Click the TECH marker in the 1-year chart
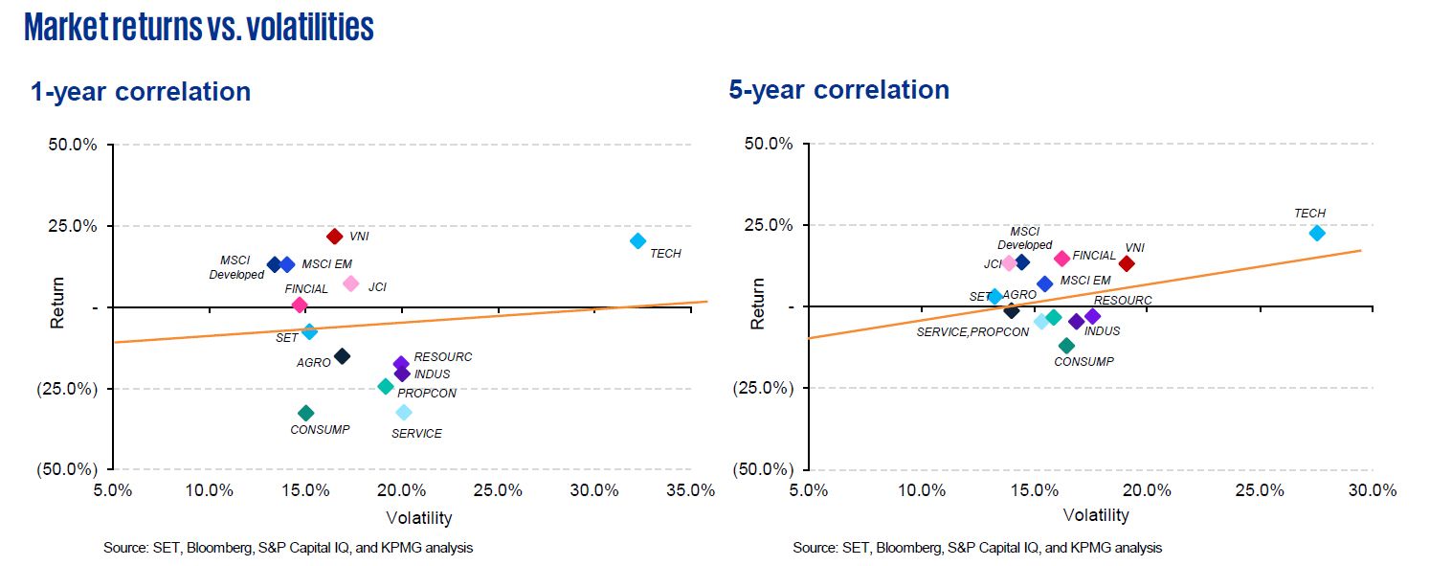pos(637,241)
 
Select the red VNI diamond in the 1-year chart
pos(334,237)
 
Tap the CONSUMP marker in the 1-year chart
pos(306,413)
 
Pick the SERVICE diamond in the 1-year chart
pos(404,412)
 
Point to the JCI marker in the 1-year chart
pos(350,283)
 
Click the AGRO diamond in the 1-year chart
pos(342,356)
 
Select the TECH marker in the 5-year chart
pos(1317,233)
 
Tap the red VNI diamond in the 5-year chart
pos(1127,263)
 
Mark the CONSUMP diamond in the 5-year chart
pos(1066,346)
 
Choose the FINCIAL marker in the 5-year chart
pos(1061,259)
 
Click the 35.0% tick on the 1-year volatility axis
pos(690,490)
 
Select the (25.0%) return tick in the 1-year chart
pos(69,389)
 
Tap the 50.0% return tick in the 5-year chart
pos(767,145)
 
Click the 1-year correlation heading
pos(141,92)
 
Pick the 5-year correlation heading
pos(839,89)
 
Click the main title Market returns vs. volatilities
pos(199,28)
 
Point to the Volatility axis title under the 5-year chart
pos(1096,515)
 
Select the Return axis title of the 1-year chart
pos(57,303)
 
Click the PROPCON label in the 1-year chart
pos(427,393)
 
